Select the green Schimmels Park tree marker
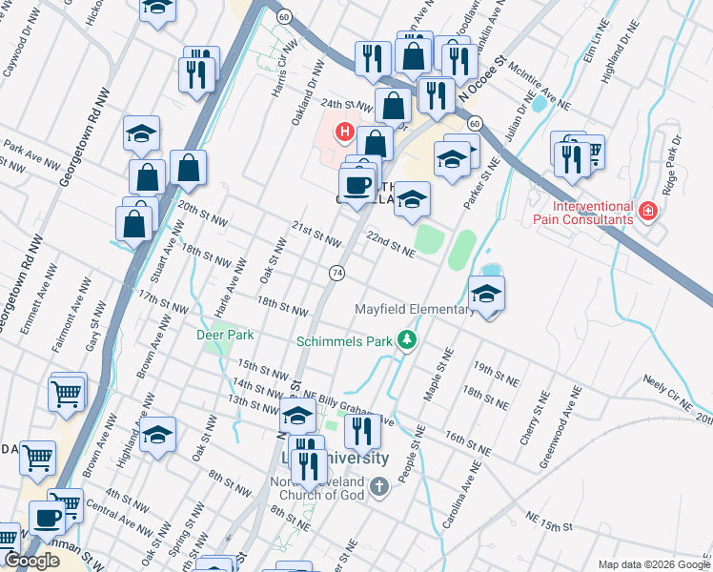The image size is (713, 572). click(x=408, y=339)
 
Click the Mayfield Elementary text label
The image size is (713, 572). click(x=414, y=310)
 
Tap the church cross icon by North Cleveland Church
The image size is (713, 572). click(x=379, y=488)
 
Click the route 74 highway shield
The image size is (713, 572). click(x=336, y=274)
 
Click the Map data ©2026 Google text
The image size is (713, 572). click(x=654, y=564)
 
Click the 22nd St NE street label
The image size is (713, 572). click(x=391, y=246)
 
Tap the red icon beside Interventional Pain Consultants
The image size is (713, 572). click(x=648, y=210)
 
